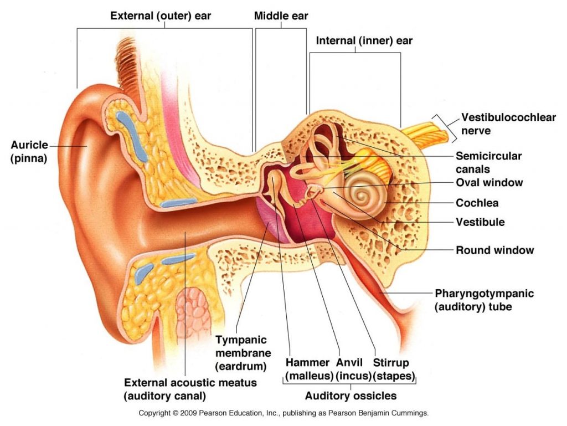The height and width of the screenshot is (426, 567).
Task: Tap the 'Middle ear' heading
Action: click(281, 16)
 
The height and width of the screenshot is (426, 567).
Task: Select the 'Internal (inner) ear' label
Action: click(364, 40)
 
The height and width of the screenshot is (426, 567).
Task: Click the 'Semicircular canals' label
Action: click(488, 162)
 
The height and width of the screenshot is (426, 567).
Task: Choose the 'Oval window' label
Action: click(489, 182)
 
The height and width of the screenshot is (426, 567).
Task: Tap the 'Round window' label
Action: click(494, 250)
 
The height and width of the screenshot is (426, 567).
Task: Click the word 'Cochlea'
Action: click(477, 203)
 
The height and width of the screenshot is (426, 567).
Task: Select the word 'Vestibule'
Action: click(480, 222)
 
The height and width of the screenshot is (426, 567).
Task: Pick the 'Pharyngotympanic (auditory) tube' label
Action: click(484, 300)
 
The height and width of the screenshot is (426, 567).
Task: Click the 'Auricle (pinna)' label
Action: click(28, 151)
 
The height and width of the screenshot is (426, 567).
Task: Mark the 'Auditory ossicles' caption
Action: click(350, 396)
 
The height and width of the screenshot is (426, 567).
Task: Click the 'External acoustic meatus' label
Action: click(190, 389)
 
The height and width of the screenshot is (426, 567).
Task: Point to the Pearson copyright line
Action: click(283, 413)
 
